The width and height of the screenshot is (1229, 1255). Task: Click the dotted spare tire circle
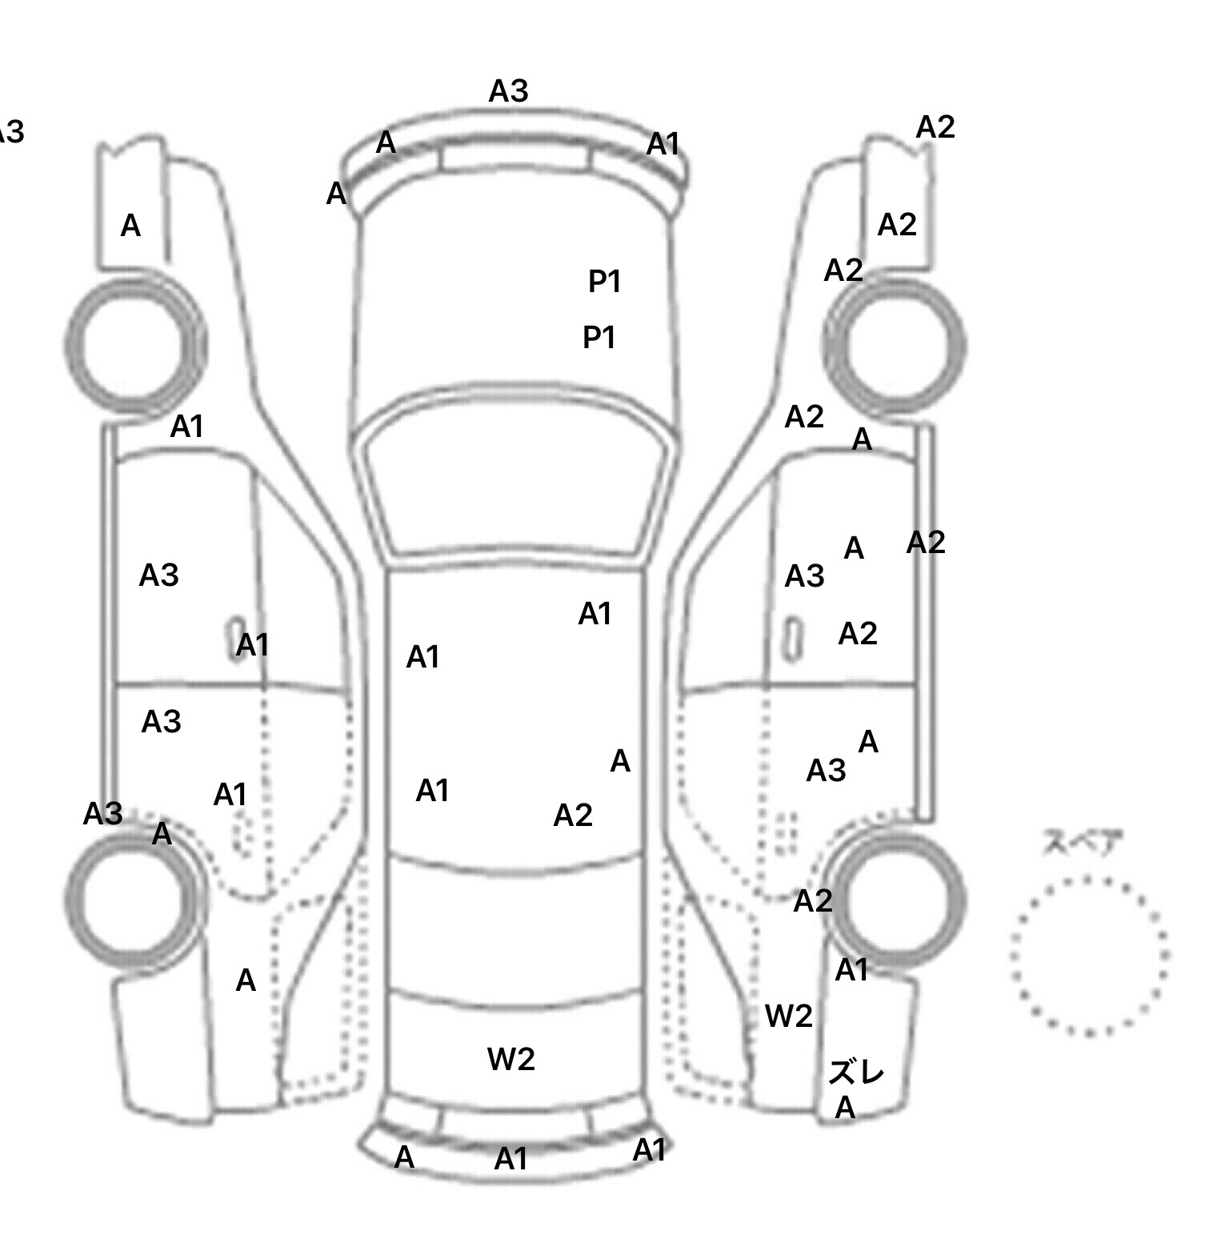click(1089, 956)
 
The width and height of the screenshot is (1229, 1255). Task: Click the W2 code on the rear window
click(510, 1060)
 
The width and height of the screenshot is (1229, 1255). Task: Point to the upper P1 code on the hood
click(605, 282)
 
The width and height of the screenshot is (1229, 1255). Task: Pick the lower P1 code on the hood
click(599, 338)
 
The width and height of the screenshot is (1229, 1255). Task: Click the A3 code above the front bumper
click(509, 92)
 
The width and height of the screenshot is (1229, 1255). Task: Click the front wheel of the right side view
click(895, 346)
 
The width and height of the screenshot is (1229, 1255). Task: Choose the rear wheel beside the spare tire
click(896, 897)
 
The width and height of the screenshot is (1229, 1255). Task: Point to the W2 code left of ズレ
click(789, 1016)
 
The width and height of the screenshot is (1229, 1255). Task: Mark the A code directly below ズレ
click(846, 1109)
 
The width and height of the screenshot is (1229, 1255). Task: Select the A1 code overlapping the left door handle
click(253, 645)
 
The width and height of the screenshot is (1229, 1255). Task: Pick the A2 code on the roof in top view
click(573, 816)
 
